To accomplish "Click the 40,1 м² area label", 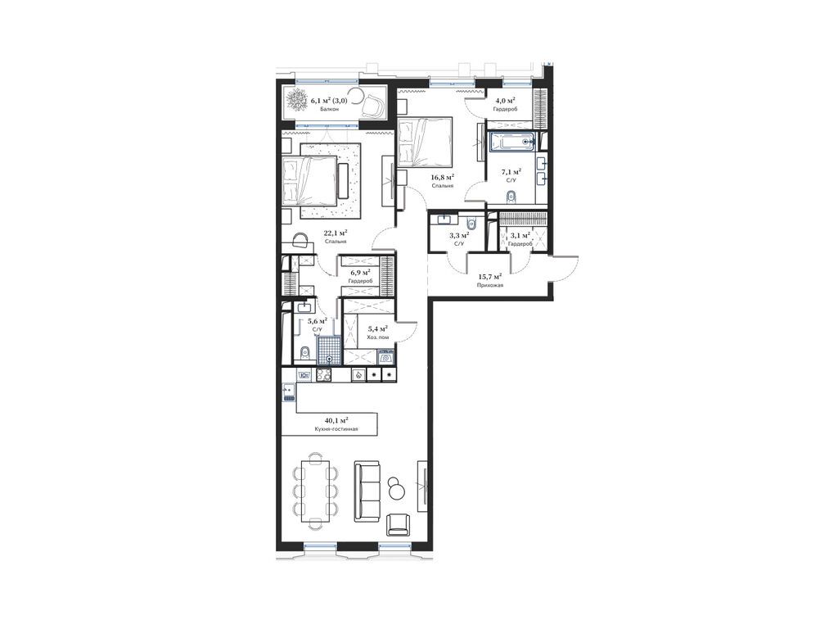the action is click(336, 420).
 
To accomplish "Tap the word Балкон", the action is click(329, 109).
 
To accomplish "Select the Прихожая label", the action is click(491, 286).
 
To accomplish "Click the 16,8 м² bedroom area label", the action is click(443, 177).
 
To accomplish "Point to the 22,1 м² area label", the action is click(336, 233).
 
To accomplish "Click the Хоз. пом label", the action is click(378, 337).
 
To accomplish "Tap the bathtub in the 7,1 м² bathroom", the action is click(512, 143).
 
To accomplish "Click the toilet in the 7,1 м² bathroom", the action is click(511, 197).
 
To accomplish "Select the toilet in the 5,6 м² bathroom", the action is click(305, 352).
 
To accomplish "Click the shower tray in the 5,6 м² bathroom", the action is click(329, 351).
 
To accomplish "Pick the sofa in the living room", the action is click(367, 492).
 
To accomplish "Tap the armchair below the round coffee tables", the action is click(399, 524).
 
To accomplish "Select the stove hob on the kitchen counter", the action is click(324, 375).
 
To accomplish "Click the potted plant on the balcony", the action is click(295, 101).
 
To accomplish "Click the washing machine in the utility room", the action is click(386, 357).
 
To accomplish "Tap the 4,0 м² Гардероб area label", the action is click(505, 101).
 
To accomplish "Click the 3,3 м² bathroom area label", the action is click(459, 235).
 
